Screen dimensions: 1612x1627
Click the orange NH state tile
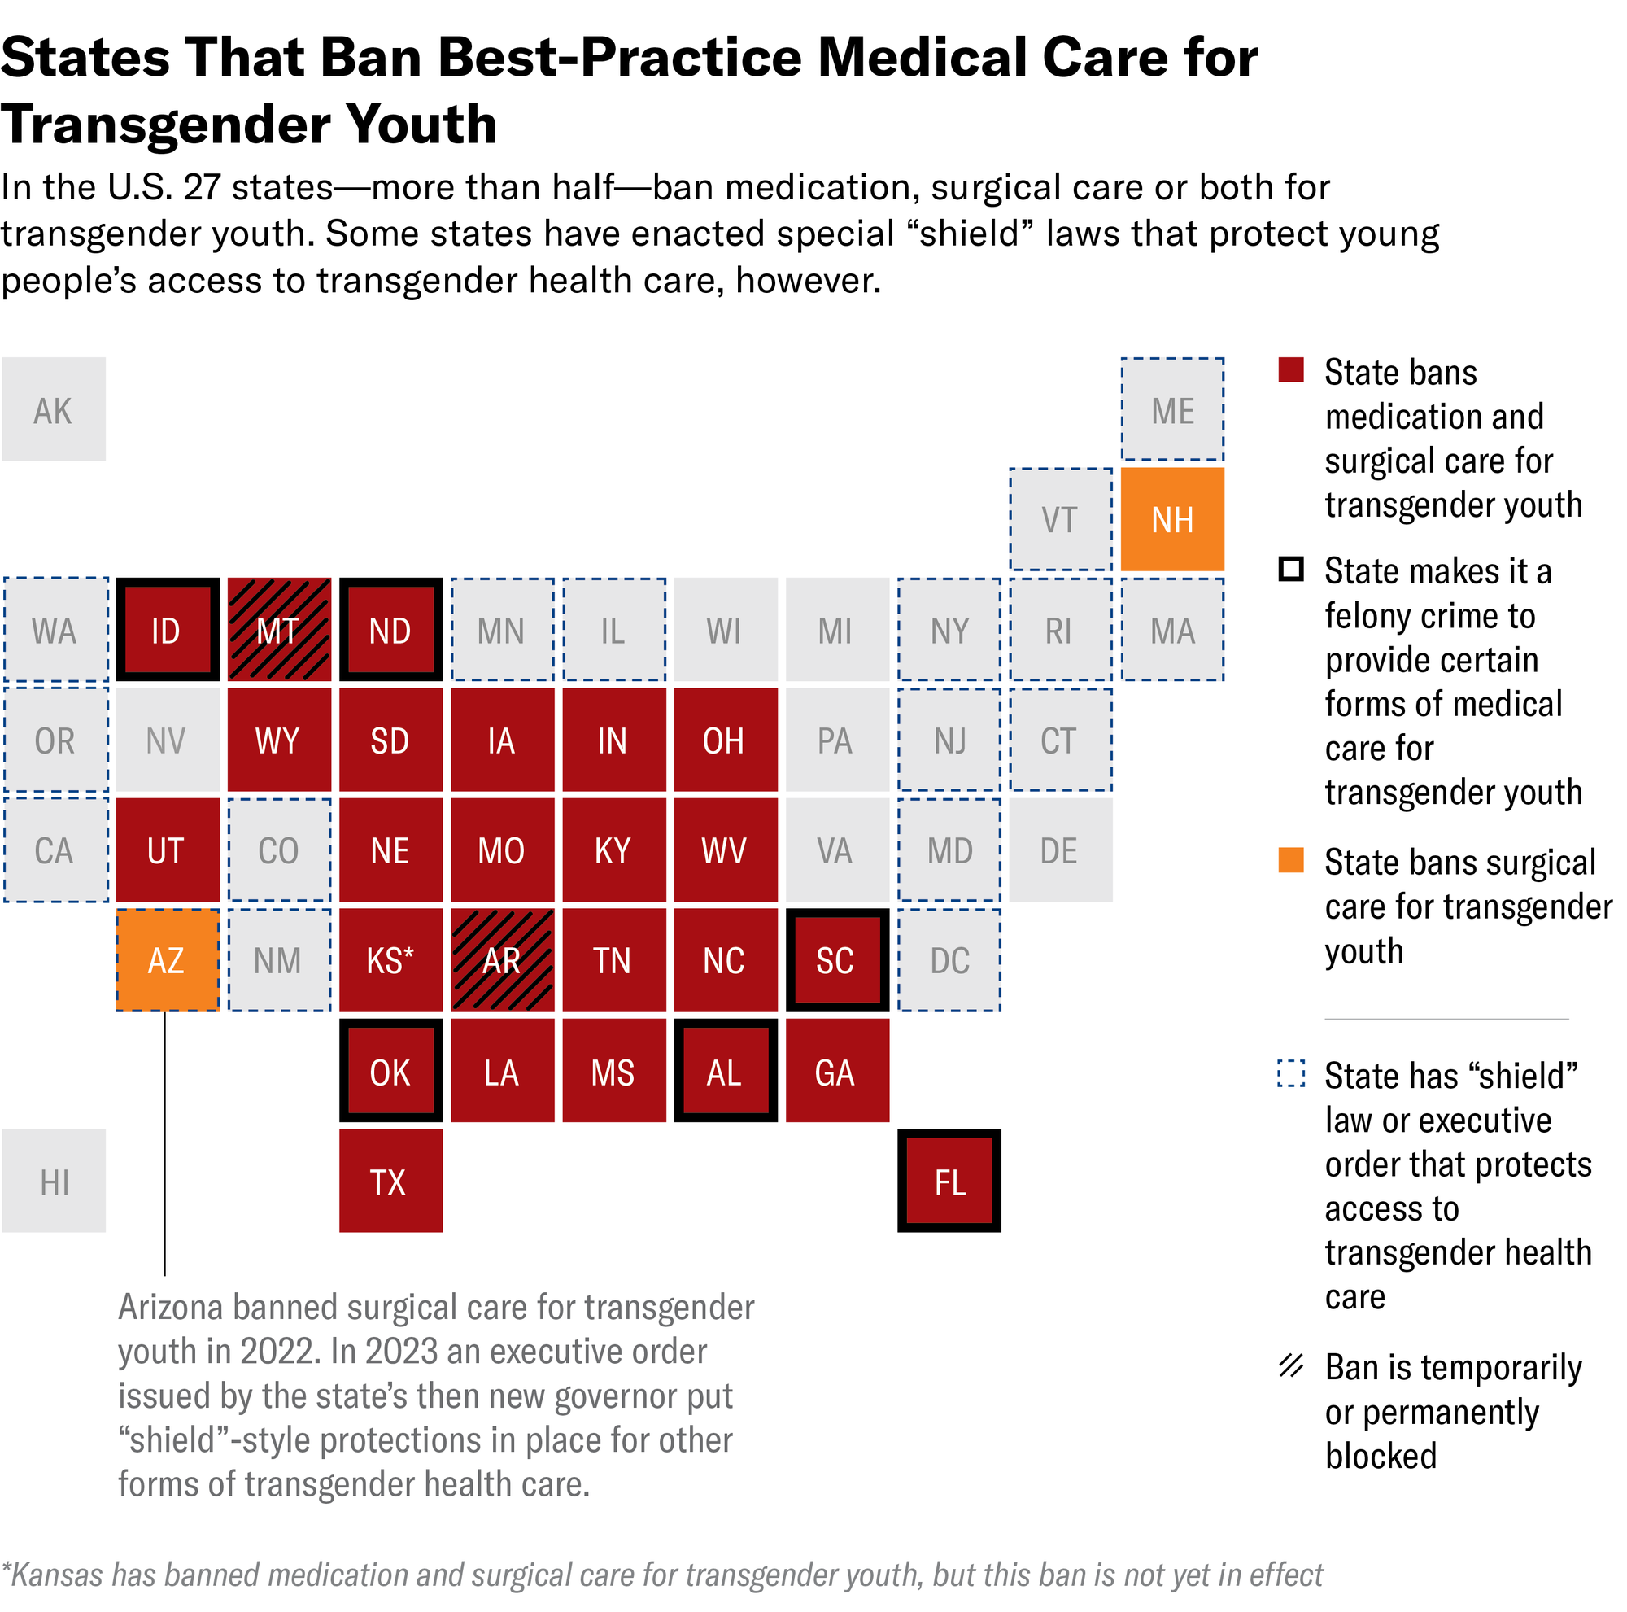(x=1171, y=520)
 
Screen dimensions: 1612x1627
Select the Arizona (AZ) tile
(x=167, y=960)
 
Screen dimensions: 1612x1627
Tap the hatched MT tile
(x=279, y=629)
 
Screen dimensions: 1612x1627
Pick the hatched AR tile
(x=502, y=960)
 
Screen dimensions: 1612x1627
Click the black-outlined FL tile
(x=949, y=1181)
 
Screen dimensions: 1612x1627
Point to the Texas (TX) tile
(x=390, y=1181)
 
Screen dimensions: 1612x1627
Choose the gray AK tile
(x=54, y=409)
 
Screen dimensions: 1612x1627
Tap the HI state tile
(x=54, y=1181)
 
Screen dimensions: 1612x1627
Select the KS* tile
(x=390, y=960)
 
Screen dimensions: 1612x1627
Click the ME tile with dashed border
(x=1171, y=409)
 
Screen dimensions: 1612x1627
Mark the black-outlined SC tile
(x=837, y=960)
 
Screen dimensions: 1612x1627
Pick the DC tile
(x=949, y=960)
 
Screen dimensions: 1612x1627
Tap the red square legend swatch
(x=1290, y=370)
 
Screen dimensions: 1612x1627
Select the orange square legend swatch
(x=1290, y=861)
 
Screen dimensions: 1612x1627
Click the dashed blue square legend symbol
(x=1290, y=1074)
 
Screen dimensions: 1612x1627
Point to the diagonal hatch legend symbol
(x=1290, y=1366)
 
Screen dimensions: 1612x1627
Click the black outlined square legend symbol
(x=1290, y=570)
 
